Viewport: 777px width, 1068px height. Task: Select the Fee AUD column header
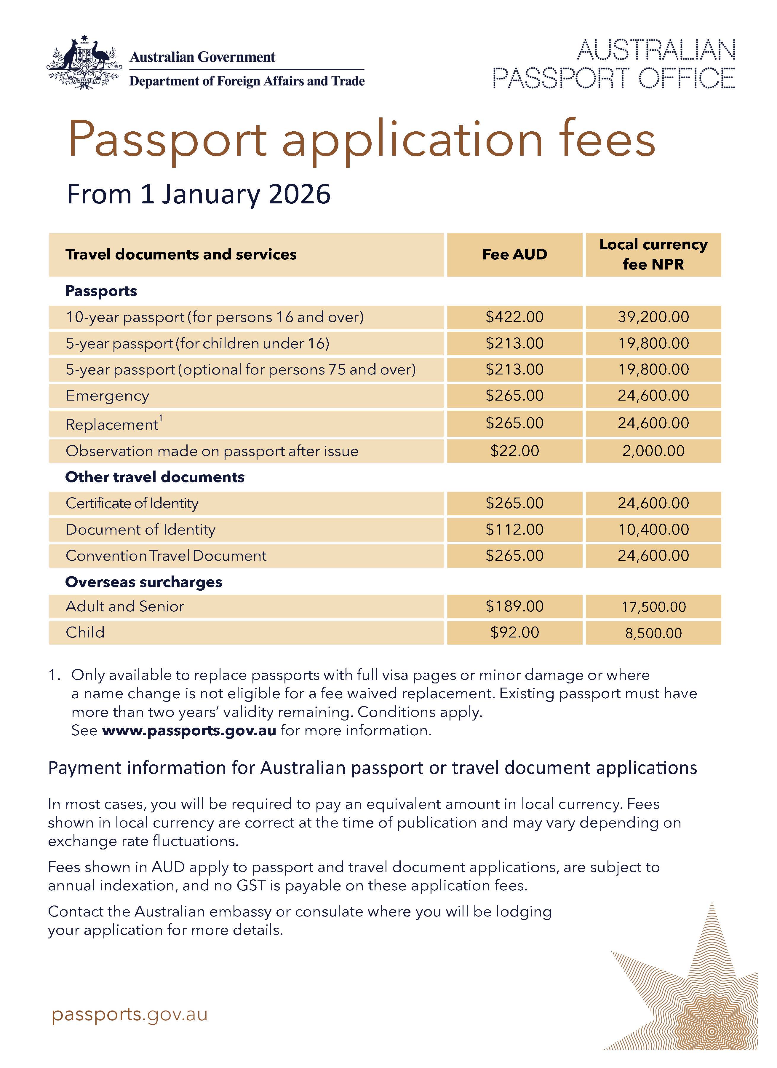coord(514,254)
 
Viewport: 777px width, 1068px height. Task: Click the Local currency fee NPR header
coord(653,254)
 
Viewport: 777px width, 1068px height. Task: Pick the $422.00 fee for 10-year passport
coord(514,317)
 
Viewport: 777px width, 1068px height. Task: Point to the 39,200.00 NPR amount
coord(653,317)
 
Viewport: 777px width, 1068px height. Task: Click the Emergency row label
coord(107,396)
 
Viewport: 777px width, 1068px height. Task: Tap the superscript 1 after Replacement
coord(161,418)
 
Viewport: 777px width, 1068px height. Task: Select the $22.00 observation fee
coord(514,451)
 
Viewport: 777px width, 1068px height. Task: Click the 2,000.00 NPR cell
coord(653,451)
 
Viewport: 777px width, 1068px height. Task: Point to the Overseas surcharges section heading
coord(143,582)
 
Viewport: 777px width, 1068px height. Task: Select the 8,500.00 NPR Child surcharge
coord(653,633)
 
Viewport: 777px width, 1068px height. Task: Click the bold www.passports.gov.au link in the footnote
coord(189,730)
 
